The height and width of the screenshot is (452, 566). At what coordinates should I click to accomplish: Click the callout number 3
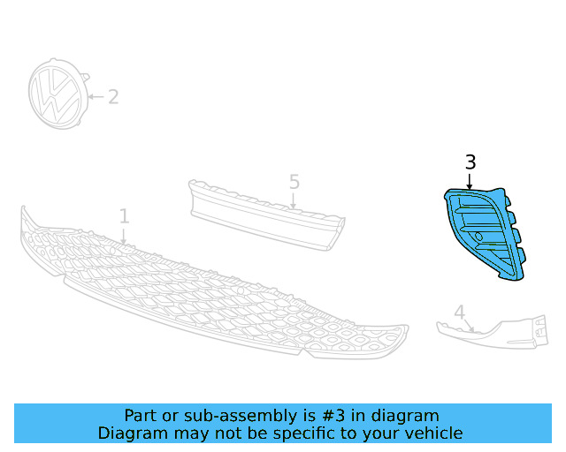470,162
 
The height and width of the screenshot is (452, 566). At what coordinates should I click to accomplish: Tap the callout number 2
113,96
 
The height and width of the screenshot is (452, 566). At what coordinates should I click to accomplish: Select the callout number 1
125,216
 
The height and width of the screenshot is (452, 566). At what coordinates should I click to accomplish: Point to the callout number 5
294,182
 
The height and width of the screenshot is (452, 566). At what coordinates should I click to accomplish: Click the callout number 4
459,312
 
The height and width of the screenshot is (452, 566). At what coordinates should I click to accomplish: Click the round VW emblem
57,95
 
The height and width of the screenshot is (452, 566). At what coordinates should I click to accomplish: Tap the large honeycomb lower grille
212,291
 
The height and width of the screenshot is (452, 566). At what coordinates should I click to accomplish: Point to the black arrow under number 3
470,180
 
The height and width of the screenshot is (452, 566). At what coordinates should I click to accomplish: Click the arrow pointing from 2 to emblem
96,96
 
